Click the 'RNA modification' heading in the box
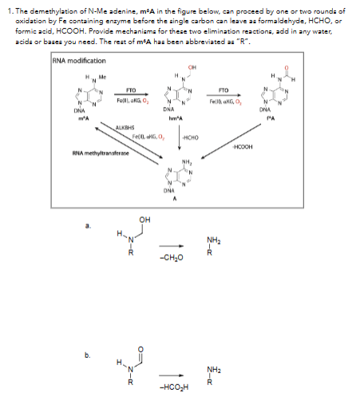coord(80,60)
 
